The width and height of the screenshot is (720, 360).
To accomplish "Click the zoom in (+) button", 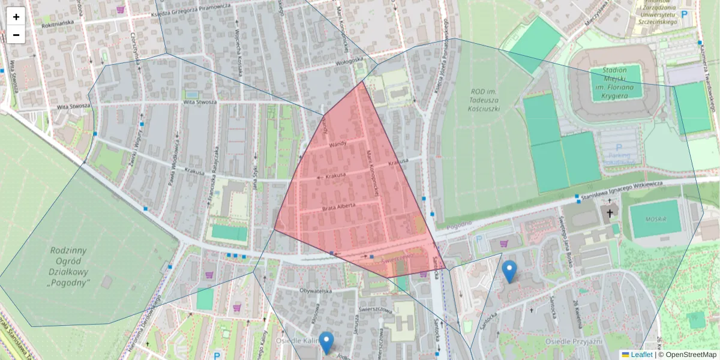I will pos(16,17).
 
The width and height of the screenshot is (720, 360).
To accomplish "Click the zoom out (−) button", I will pos(16,35).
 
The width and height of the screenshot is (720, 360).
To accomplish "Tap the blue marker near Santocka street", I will pos(509,271).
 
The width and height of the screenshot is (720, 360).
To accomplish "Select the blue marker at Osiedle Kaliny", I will pos(326,343).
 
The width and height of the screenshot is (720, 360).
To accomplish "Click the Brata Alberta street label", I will pos(338,206).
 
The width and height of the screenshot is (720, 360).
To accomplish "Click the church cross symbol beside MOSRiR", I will pos(610,212).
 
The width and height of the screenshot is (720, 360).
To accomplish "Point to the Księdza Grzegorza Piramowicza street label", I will pos(191,10).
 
